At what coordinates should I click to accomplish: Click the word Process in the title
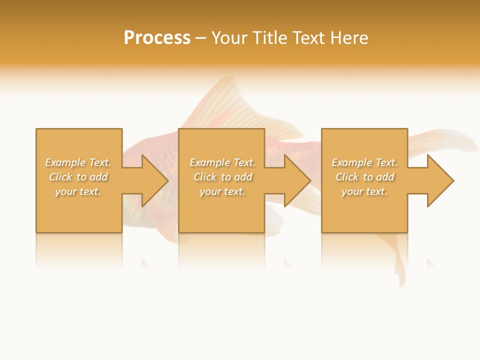click(157, 37)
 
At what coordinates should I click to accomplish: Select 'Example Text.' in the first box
click(78, 162)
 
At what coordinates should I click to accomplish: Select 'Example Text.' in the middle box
click(222, 162)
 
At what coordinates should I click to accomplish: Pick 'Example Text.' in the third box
click(364, 162)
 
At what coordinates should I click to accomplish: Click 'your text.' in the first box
click(78, 191)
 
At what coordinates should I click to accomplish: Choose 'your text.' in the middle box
click(222, 191)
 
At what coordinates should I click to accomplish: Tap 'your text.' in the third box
click(364, 191)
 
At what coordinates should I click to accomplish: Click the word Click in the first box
click(60, 177)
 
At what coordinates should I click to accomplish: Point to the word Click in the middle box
click(205, 177)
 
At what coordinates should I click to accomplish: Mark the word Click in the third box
click(347, 177)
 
